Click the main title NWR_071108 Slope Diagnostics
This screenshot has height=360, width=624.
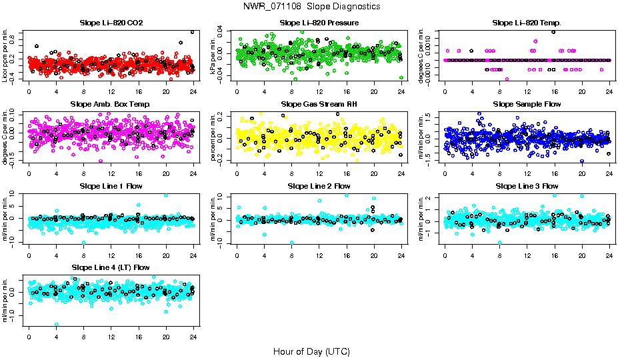312,6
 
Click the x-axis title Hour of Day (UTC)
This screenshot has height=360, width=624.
311,351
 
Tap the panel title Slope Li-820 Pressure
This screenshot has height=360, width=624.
319,23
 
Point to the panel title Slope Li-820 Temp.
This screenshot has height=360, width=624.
527,23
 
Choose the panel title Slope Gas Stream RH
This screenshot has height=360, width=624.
319,105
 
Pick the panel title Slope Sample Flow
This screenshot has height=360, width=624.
527,105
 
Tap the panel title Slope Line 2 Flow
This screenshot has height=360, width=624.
319,186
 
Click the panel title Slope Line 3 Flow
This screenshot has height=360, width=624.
527,186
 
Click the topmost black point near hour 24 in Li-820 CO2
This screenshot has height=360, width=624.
192,31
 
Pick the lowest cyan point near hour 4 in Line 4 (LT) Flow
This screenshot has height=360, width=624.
57,325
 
